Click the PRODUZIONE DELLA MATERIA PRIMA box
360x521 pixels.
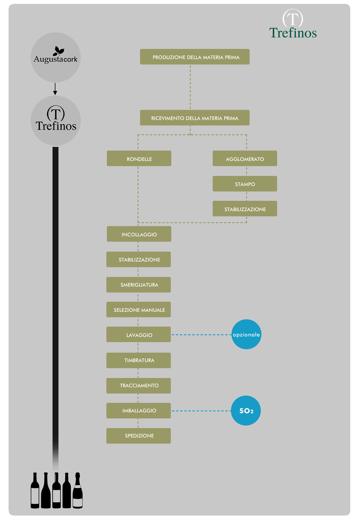point(195,57)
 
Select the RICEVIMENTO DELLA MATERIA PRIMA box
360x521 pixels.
point(195,118)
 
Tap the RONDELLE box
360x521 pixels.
point(139,158)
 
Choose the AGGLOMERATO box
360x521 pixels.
point(245,158)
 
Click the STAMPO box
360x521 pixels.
point(245,184)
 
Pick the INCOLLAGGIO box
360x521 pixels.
point(139,234)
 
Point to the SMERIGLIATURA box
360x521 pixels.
point(139,285)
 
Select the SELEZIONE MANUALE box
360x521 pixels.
point(139,310)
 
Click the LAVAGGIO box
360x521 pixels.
point(139,334)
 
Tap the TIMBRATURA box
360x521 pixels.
point(139,360)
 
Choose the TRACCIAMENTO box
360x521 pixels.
point(139,385)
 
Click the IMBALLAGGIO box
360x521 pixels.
point(139,410)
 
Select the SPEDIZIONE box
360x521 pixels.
point(139,436)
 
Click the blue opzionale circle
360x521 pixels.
point(246,334)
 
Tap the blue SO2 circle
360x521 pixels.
point(246,411)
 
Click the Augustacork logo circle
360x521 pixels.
point(56,57)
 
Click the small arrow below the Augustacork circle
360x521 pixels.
point(55,89)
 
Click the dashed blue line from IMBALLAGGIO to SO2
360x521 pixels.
point(201,411)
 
